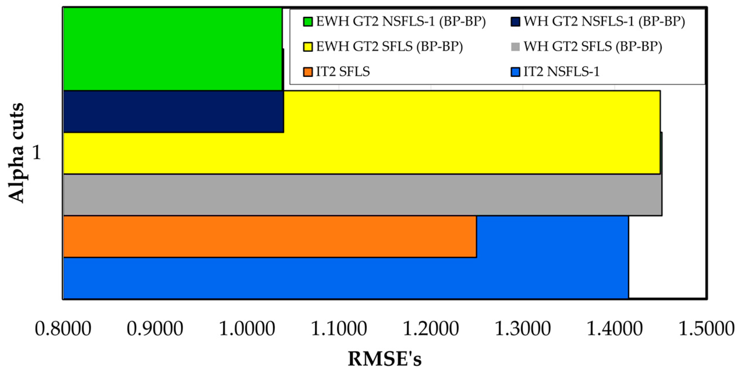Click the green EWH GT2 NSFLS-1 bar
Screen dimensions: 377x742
point(172,49)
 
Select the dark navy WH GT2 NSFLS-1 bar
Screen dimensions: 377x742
point(173,112)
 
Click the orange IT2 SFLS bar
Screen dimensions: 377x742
point(269,237)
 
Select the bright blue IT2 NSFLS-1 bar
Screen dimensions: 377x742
point(346,278)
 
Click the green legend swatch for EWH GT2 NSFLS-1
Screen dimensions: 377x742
point(308,22)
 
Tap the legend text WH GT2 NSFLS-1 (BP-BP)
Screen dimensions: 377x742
point(604,22)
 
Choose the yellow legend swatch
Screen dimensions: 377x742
point(308,47)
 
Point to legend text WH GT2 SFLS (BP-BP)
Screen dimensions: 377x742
point(593,47)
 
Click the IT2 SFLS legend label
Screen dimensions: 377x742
point(343,72)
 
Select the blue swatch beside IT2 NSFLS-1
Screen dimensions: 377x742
point(515,72)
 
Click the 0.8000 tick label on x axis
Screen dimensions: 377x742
point(63,329)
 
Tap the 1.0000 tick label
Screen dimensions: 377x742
point(247,329)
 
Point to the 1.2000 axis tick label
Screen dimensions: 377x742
point(431,329)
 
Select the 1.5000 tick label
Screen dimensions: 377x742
point(707,329)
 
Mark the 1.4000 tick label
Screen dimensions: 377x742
point(615,329)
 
